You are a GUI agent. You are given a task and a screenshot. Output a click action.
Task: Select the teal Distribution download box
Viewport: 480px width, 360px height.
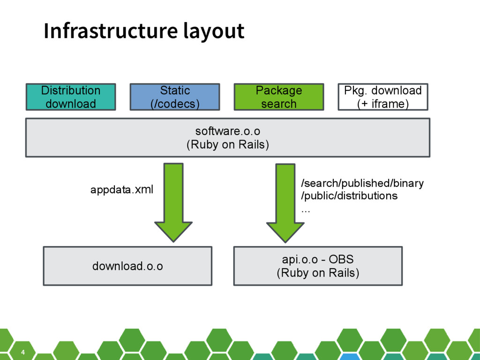(71, 97)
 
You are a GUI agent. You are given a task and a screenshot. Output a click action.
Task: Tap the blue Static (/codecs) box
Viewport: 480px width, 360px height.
(175, 97)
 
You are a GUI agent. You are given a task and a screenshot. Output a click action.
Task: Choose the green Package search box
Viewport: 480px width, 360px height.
(279, 97)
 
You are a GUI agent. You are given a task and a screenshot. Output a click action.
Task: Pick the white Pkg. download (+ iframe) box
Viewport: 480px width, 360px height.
(383, 97)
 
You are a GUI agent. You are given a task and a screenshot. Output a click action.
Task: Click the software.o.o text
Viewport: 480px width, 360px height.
(228, 131)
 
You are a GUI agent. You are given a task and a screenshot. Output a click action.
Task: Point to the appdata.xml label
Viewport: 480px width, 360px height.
(122, 189)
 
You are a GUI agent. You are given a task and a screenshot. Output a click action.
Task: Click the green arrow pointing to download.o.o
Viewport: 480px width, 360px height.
(173, 202)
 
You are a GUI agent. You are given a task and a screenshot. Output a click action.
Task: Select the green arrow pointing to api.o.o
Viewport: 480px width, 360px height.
(285, 203)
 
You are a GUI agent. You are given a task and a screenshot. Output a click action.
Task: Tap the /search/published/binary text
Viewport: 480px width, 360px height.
(362, 183)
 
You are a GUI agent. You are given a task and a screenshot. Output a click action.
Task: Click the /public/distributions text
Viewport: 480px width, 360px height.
(349, 195)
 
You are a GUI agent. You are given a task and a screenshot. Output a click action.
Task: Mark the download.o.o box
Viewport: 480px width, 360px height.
(127, 266)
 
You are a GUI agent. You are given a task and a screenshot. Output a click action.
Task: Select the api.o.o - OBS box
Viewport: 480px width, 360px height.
(318, 266)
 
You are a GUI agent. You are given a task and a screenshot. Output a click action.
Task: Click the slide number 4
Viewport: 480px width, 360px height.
(23, 352)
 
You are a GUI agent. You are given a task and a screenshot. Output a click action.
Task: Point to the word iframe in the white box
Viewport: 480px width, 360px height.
(388, 104)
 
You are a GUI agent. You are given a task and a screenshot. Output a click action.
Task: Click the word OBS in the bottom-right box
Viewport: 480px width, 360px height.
(341, 259)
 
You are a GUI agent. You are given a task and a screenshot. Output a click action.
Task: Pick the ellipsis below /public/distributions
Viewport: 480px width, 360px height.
(306, 211)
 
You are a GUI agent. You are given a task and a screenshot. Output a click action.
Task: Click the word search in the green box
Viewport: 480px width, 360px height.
(279, 104)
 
